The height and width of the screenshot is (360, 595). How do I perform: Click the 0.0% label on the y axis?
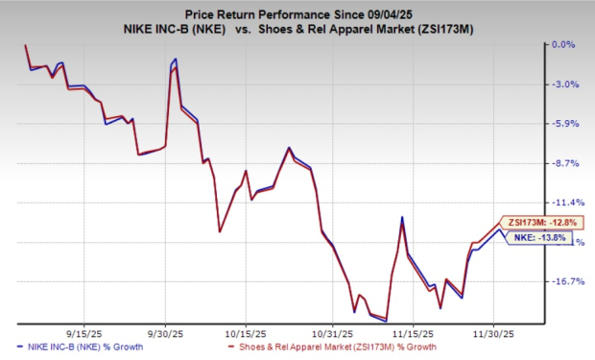point(560,44)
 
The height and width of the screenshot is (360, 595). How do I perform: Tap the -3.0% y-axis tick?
point(560,84)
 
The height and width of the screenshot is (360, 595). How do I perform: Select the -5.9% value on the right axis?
point(560,124)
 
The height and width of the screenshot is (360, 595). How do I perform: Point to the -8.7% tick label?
point(560,163)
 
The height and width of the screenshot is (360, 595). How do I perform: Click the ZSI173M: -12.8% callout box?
point(536,222)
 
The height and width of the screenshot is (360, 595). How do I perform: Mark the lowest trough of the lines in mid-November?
point(387,320)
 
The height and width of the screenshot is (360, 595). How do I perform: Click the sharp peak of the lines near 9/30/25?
point(176,60)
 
